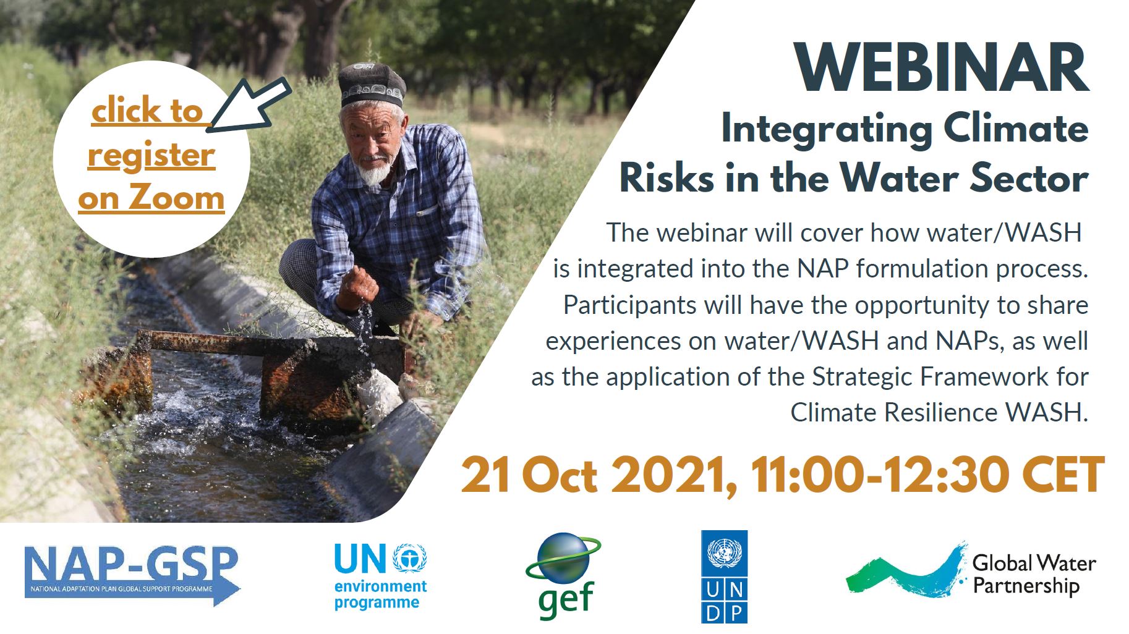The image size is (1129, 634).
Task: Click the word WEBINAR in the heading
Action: (942, 69)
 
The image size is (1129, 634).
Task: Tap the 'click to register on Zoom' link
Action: (151, 154)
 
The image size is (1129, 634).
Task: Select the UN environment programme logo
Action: (380, 575)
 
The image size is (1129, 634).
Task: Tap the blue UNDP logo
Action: (724, 577)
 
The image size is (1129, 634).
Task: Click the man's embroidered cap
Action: (370, 85)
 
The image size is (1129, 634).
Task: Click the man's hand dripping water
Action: (357, 289)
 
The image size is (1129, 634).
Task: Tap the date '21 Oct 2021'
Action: (599, 476)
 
